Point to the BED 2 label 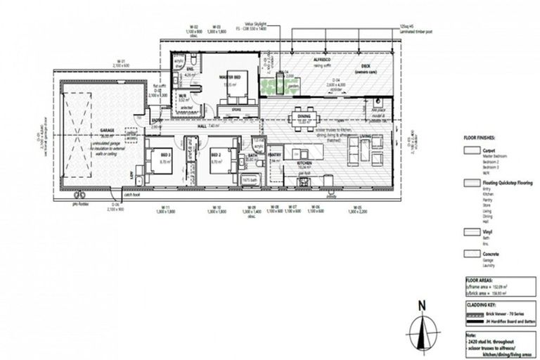pyautogui.click(x=216, y=156)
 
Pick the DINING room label pyautogui.click(x=304, y=117)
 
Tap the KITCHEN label pyautogui.click(x=304, y=164)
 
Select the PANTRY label pyautogui.click(x=275, y=155)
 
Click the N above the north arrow pyautogui.click(x=421, y=305)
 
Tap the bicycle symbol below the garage pyautogui.click(x=79, y=193)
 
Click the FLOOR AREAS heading pyautogui.click(x=478, y=278)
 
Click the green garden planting pyautogui.click(x=276, y=86)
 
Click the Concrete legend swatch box pyautogui.click(x=468, y=253)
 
